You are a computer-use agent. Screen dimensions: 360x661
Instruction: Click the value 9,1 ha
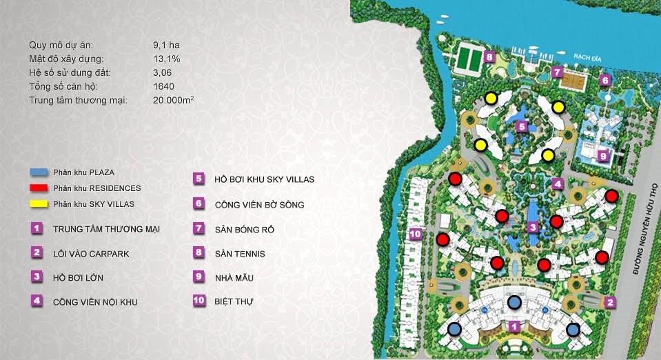coord(166,46)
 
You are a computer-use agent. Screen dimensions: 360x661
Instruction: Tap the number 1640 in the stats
coord(164,87)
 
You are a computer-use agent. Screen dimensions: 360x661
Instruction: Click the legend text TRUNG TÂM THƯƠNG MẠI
coord(106,229)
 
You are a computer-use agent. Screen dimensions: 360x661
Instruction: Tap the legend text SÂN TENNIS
coord(240,254)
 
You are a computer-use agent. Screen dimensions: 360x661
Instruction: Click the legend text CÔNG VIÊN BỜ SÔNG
coord(259,205)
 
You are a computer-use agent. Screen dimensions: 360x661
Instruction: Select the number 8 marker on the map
coord(488,57)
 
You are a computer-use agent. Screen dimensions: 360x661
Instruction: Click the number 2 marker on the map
coord(609,301)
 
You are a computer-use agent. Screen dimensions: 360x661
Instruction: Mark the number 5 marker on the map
coord(522,126)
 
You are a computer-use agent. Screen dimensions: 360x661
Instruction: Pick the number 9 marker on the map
coord(602,156)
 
